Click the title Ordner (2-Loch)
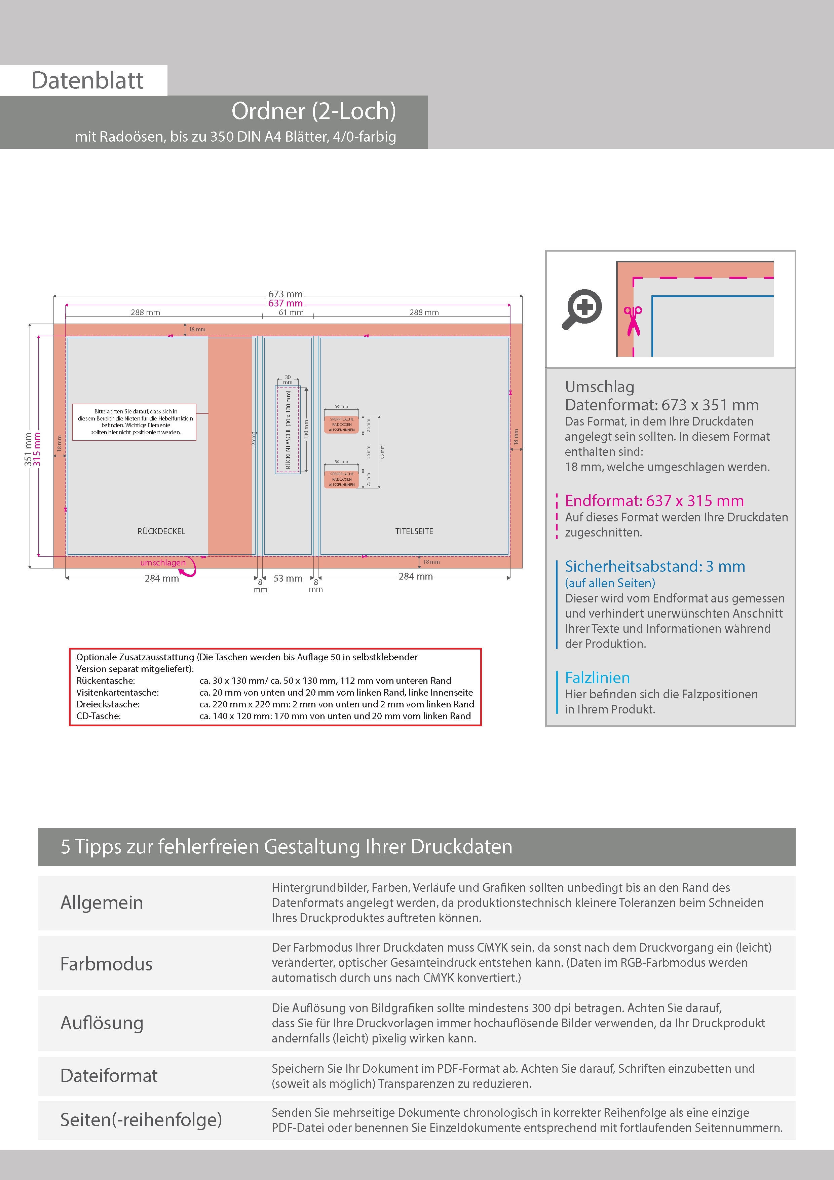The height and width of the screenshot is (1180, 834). click(313, 111)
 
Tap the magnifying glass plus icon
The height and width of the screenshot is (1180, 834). click(582, 308)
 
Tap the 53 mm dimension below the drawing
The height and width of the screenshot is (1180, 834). click(288, 578)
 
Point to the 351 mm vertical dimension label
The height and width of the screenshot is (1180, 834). click(28, 449)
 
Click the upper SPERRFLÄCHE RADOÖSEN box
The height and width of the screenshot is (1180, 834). click(342, 425)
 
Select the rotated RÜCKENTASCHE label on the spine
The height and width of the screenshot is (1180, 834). click(288, 430)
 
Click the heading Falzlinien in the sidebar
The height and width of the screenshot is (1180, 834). click(597, 677)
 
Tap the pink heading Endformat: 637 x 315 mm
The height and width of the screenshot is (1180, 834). click(654, 501)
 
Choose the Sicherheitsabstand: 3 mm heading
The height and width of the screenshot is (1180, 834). click(655, 566)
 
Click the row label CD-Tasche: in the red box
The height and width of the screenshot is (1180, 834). click(99, 716)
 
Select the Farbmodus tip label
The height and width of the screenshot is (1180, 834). click(106, 964)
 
